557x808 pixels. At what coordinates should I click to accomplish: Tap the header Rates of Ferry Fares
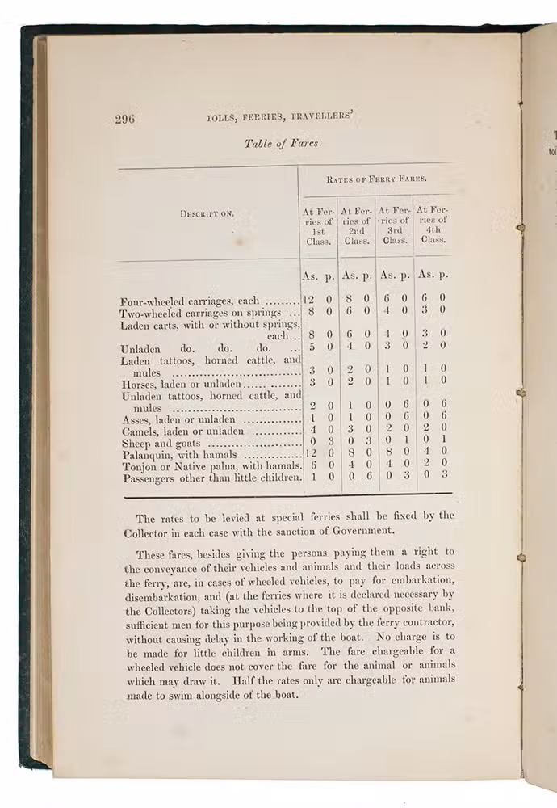(x=375, y=179)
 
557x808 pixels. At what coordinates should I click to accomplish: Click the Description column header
(x=206, y=214)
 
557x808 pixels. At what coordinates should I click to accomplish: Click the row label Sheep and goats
(x=161, y=443)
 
